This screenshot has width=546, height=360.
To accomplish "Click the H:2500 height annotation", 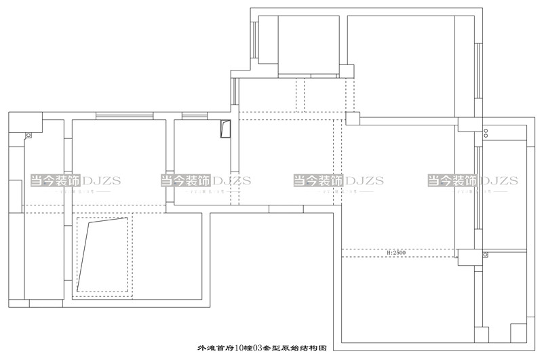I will pyautogui.click(x=395, y=252).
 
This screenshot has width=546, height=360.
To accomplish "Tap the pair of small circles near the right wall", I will pyautogui.click(x=485, y=132).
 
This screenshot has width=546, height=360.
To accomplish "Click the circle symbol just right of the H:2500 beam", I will pyautogui.click(x=485, y=254).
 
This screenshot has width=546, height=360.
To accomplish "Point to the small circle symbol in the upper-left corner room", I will pyautogui.click(x=28, y=135).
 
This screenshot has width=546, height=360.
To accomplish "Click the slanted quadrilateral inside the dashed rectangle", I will pyautogui.click(x=102, y=254).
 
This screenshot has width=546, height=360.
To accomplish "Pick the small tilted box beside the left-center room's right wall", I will pyautogui.click(x=226, y=128).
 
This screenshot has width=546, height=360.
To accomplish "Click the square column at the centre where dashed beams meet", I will pyautogui.click(x=352, y=118).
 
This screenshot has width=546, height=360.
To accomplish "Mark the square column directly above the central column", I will pyautogui.click(x=346, y=71).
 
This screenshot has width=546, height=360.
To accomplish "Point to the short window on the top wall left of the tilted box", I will pyautogui.click(x=195, y=117).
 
